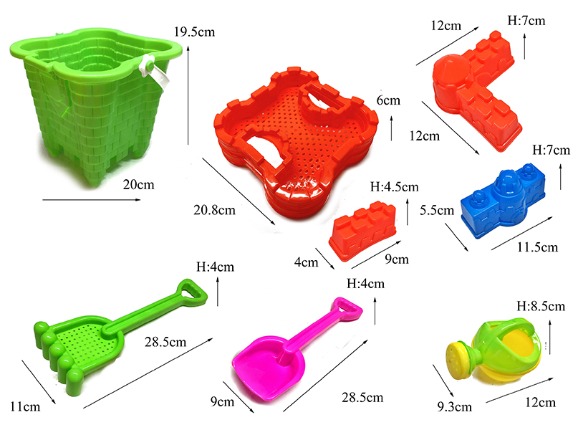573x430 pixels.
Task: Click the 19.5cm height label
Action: (x=194, y=32)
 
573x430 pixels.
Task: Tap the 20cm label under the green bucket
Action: (x=138, y=185)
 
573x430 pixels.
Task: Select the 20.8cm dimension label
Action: (x=214, y=210)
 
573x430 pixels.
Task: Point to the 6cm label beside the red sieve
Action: (x=388, y=100)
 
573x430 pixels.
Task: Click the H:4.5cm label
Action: (x=395, y=187)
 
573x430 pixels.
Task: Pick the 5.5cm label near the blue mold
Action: (x=437, y=210)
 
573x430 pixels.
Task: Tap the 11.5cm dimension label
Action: (x=537, y=247)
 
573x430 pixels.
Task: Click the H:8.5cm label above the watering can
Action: (x=541, y=306)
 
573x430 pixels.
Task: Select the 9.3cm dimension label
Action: (x=454, y=406)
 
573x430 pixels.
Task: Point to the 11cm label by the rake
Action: (x=25, y=406)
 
